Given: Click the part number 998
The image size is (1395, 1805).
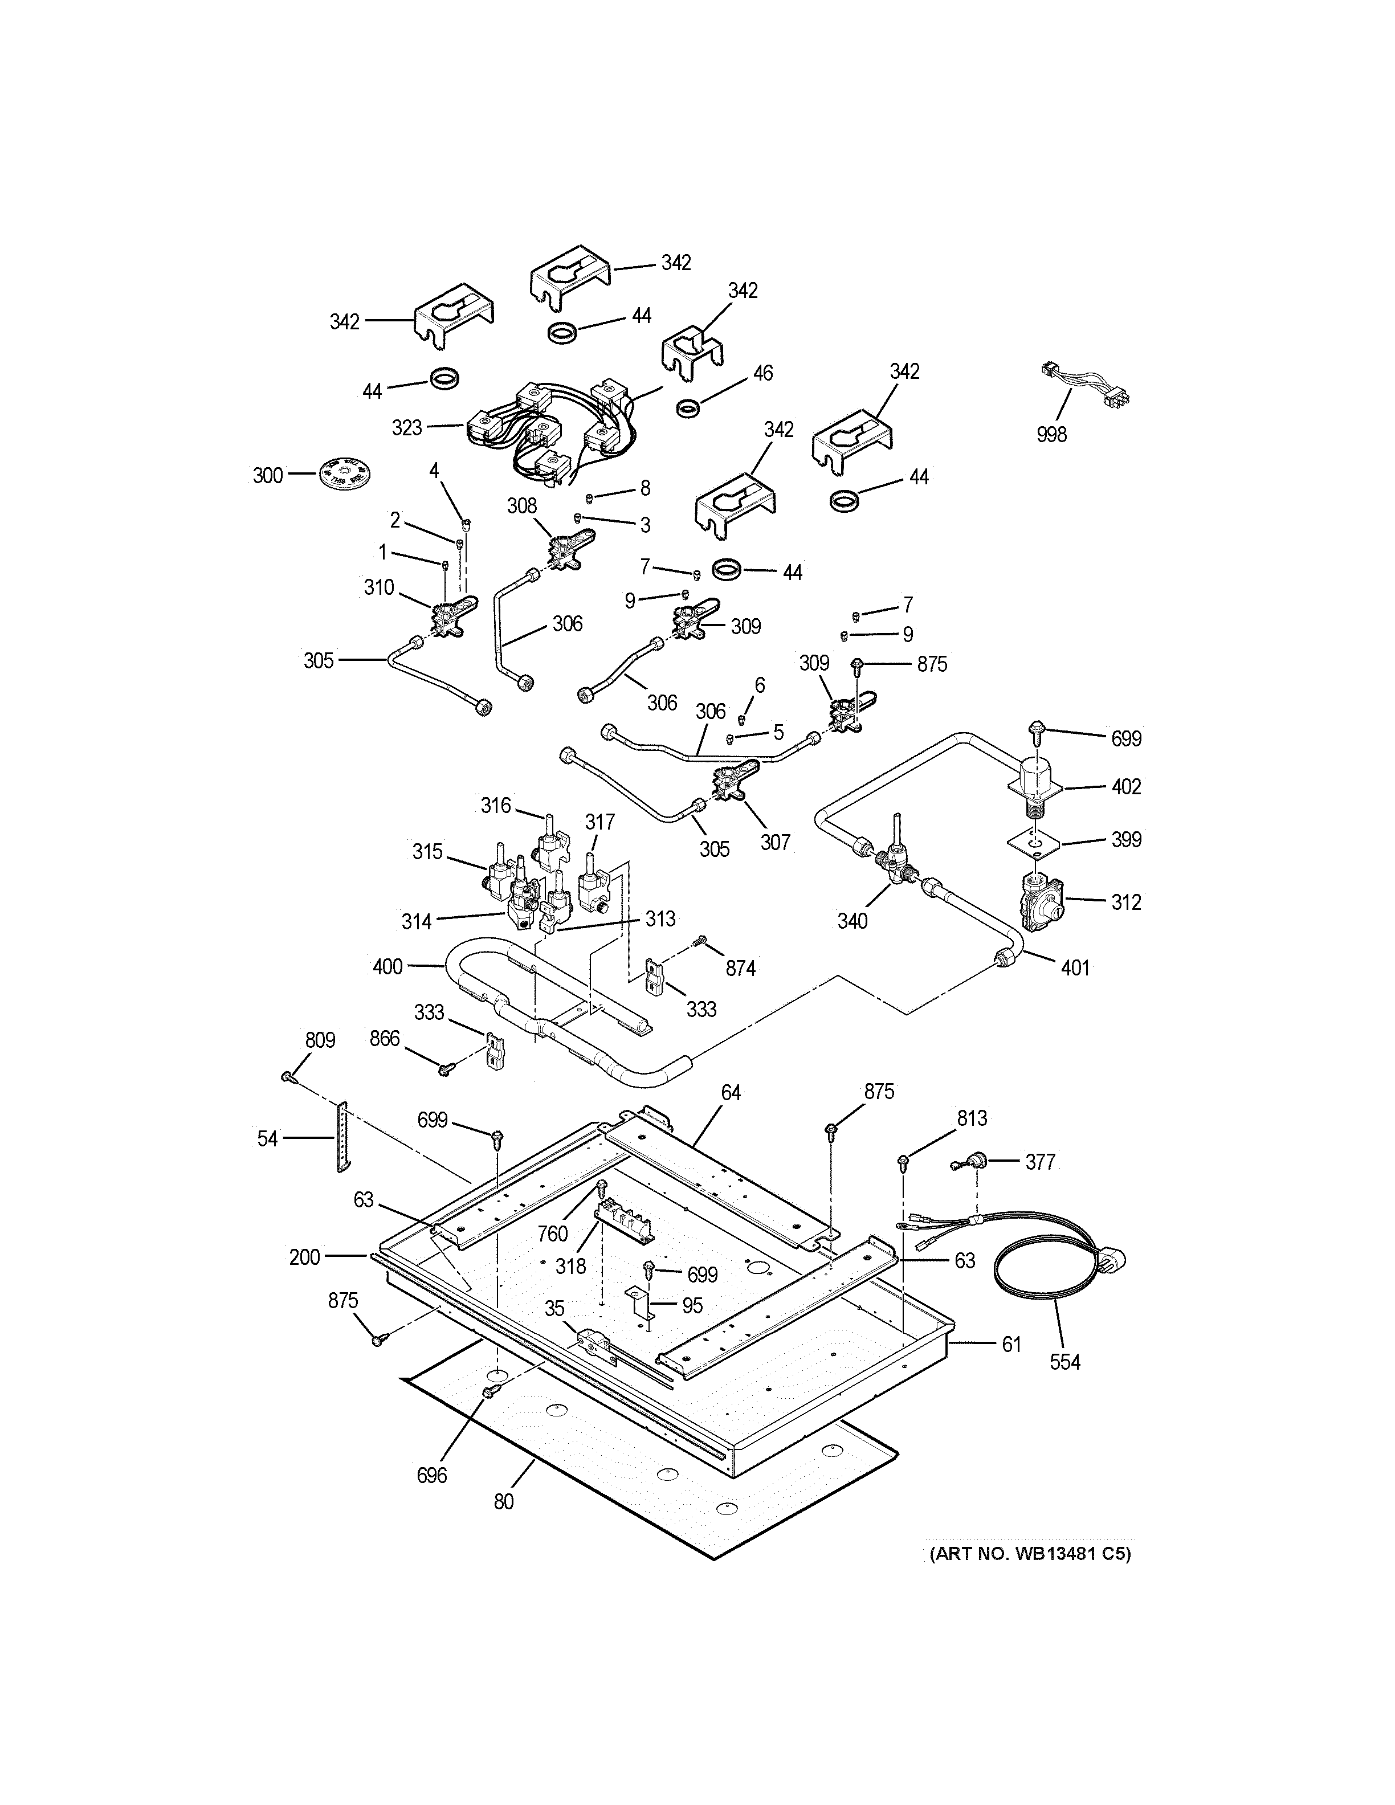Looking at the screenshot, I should (x=1051, y=434).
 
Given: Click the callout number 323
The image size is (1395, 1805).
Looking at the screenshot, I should (x=407, y=428).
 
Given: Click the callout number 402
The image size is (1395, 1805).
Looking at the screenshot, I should (x=1125, y=787).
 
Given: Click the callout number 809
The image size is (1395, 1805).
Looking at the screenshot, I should (x=320, y=1040).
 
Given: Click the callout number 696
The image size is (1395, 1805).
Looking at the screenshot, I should (x=431, y=1475).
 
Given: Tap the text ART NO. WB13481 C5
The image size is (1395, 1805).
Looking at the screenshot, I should (x=1029, y=1554).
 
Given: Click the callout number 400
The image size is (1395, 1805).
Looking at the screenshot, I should (x=387, y=966).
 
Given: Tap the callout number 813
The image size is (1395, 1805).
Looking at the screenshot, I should (x=972, y=1118).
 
